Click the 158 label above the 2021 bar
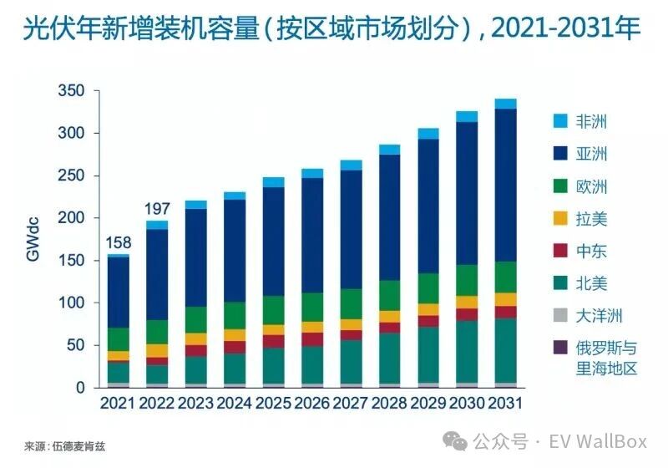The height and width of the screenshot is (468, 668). [x=118, y=243]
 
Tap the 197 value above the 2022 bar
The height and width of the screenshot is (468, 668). [x=156, y=207]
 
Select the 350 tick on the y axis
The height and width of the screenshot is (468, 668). [x=72, y=91]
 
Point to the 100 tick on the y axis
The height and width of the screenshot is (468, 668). [x=72, y=303]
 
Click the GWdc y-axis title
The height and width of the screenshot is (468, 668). [x=33, y=240]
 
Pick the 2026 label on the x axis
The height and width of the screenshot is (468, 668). [x=311, y=404]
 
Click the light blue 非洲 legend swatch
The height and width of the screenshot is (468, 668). [x=560, y=121]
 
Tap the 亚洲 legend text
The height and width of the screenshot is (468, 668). [x=592, y=154]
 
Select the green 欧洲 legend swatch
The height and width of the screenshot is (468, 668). [x=560, y=186]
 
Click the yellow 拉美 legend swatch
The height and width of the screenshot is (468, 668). [x=560, y=219]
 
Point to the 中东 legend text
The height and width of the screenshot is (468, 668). [x=592, y=251]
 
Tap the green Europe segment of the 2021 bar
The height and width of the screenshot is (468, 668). [x=118, y=338]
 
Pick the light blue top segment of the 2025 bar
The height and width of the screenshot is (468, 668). [x=273, y=182]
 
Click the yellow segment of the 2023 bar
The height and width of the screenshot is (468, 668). [x=195, y=338]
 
